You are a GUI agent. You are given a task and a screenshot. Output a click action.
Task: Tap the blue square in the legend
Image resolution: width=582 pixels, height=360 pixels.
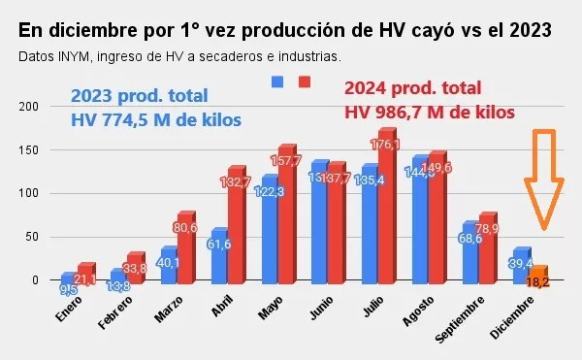pyautogui.click(x=277, y=82)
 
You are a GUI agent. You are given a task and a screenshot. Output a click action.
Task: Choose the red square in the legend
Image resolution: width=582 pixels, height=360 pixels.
pyautogui.click(x=304, y=82)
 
